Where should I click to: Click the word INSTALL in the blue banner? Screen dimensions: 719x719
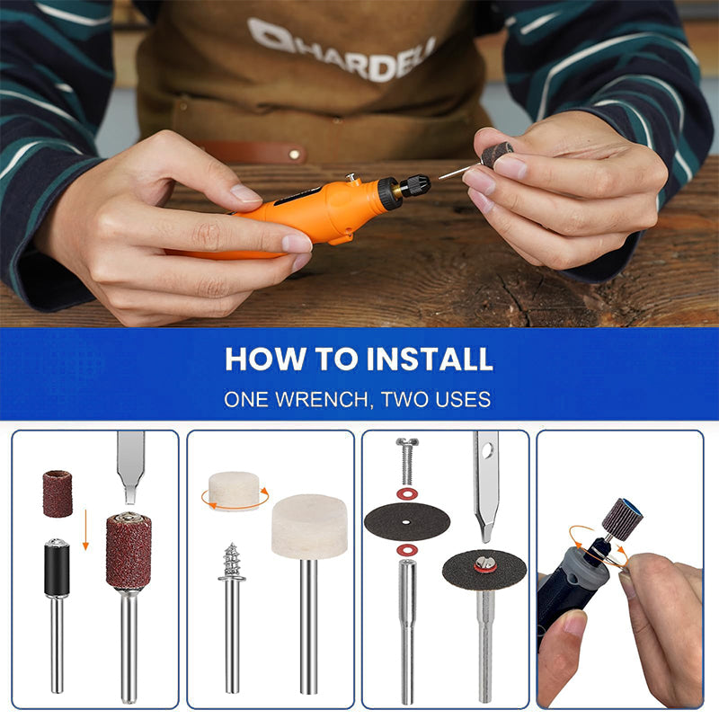click(x=430, y=359)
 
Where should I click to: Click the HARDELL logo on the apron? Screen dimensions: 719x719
click(x=342, y=49)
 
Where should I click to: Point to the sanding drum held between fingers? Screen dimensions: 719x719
click(x=497, y=154)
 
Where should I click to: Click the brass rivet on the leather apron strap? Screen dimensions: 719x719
click(x=295, y=155)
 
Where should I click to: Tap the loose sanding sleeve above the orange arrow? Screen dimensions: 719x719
click(x=58, y=493)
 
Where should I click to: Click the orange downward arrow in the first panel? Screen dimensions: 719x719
click(x=85, y=529)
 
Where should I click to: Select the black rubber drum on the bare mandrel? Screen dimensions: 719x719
click(x=57, y=568)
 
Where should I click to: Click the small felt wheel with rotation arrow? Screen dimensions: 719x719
click(x=234, y=490)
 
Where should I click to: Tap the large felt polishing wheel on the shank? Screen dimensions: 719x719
click(x=309, y=527)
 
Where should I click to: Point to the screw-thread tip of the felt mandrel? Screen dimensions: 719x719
click(x=232, y=560)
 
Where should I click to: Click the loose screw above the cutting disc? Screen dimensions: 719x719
click(x=407, y=461)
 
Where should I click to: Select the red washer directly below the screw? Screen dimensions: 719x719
click(x=407, y=493)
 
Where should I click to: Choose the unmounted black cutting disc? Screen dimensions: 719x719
click(x=407, y=521)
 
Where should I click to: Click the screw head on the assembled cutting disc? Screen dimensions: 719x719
click(x=485, y=563)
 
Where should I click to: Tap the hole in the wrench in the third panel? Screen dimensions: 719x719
click(x=488, y=451)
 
